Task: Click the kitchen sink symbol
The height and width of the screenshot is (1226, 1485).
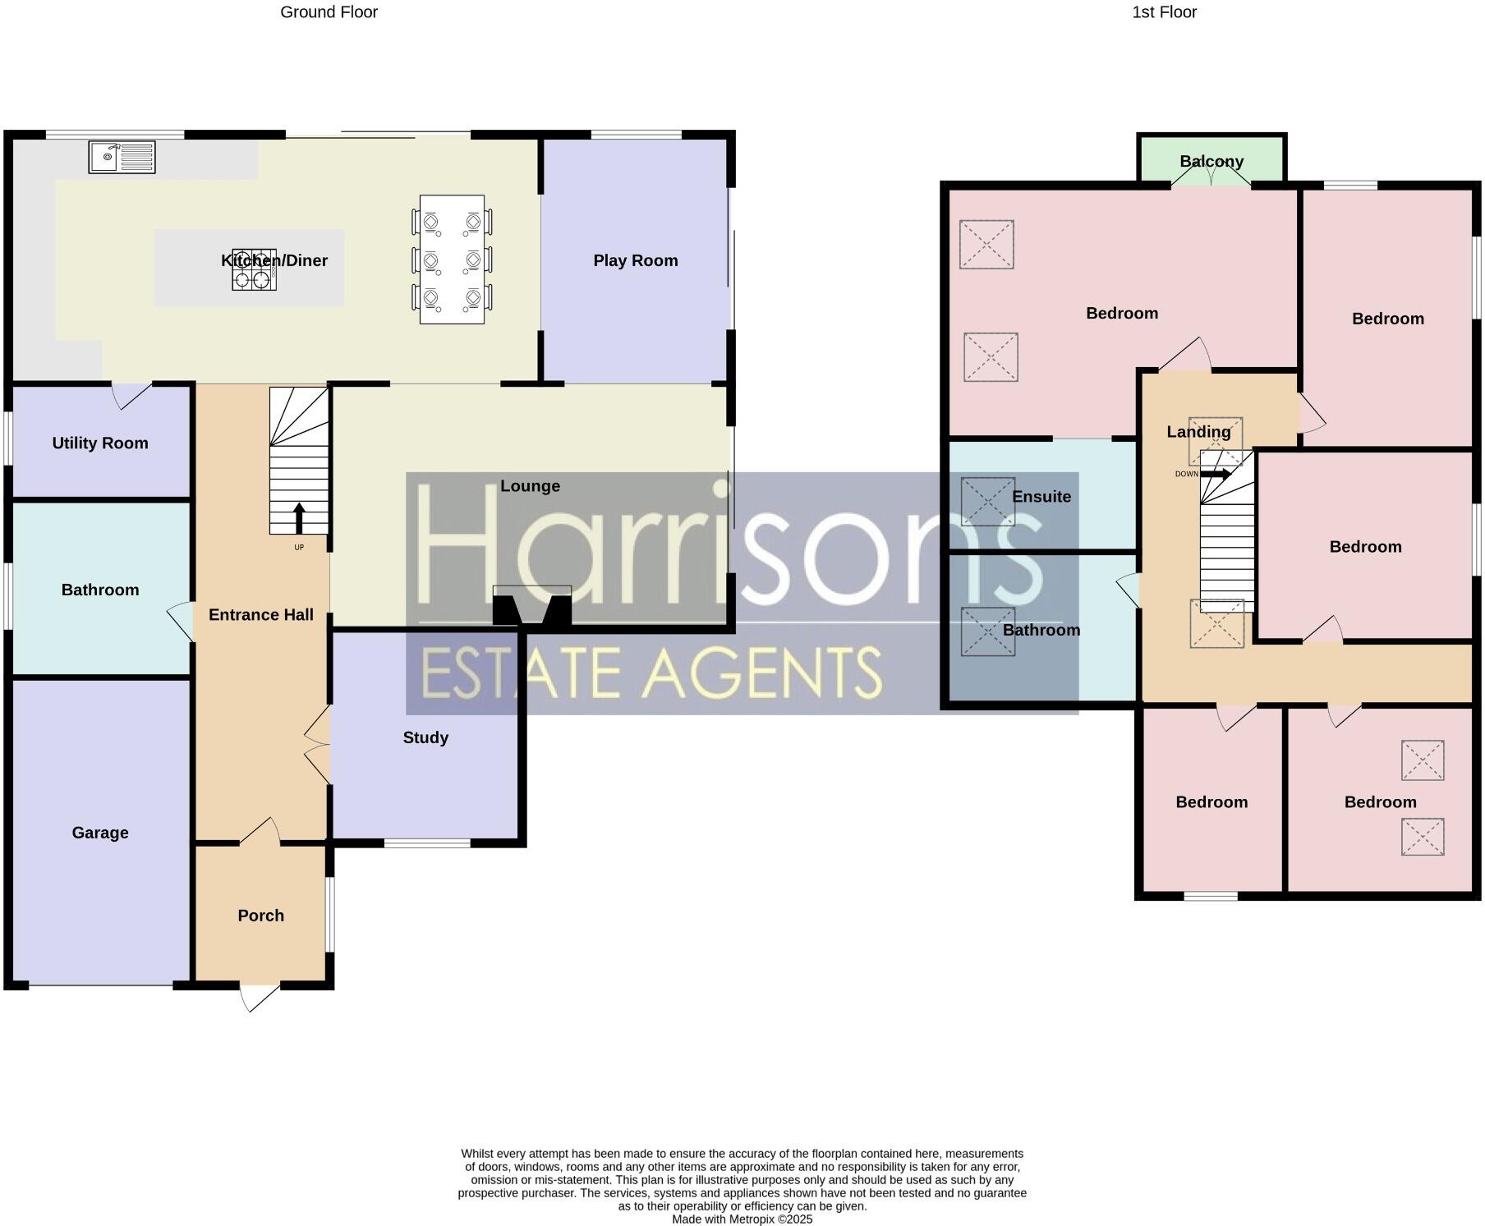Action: [122, 157]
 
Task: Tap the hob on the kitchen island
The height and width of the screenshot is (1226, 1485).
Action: [254, 270]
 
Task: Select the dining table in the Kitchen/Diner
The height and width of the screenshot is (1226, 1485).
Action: [452, 259]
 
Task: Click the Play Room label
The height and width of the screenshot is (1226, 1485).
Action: [635, 260]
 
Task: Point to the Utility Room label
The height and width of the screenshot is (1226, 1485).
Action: [100, 443]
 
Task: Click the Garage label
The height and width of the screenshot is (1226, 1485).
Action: [100, 833]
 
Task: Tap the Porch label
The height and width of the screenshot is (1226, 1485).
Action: [260, 916]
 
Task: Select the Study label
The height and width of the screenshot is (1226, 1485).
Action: [425, 737]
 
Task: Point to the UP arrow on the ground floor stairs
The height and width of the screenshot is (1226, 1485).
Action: [299, 519]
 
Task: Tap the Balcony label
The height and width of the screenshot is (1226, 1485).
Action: [1211, 162]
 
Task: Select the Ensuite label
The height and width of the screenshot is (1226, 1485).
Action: [1041, 497]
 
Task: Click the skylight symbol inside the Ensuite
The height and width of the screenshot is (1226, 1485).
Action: [987, 501]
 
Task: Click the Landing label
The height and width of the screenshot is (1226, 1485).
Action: [1198, 432]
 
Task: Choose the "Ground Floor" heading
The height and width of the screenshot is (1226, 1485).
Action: [329, 12]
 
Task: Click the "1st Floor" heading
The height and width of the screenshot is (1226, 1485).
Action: [1164, 12]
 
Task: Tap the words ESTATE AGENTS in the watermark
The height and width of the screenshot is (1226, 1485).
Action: [651, 673]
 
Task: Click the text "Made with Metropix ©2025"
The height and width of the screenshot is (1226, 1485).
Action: [742, 1219]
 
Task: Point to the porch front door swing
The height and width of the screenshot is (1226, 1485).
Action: [258, 998]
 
